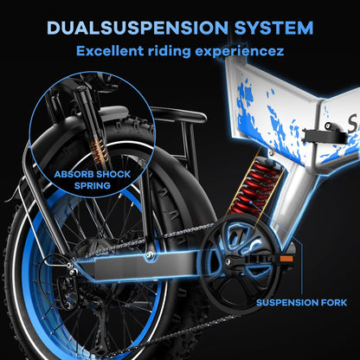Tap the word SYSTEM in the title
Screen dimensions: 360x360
click(x=272, y=28)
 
